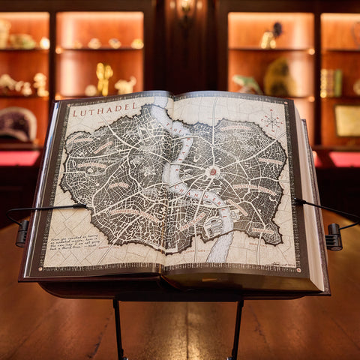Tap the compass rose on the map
pyautogui.click(x=271, y=119)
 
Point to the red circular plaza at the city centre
pyautogui.click(x=213, y=171)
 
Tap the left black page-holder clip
pyautogui.click(x=22, y=232)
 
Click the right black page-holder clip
pyautogui.click(x=333, y=237)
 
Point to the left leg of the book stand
pyautogui.click(x=118, y=330)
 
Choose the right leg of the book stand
pyautogui.click(x=236, y=330)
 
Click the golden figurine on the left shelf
pyautogui.click(x=103, y=78)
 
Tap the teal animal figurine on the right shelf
pyautogui.click(x=245, y=83)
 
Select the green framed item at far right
pyautogui.click(x=347, y=120)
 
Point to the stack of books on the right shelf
pyautogui.click(x=331, y=82)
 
